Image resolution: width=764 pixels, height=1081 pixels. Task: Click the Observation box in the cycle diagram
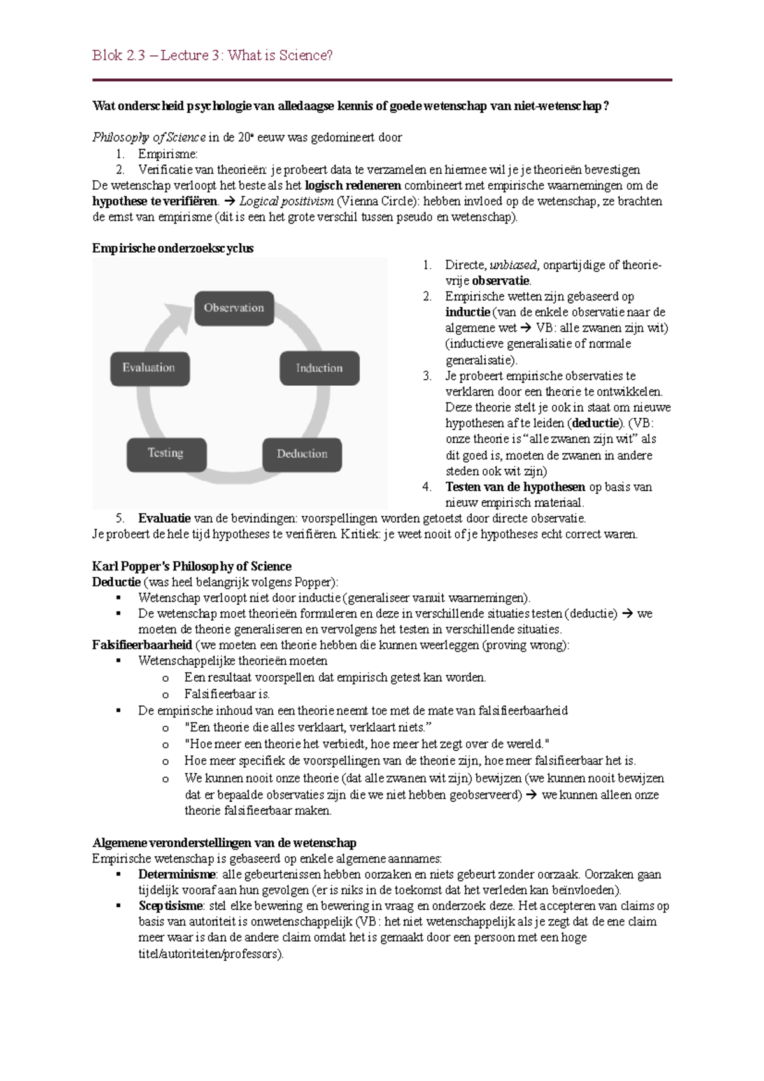point(234,308)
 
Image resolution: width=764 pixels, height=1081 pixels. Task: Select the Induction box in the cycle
point(319,368)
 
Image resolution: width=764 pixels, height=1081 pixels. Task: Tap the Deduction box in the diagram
point(302,454)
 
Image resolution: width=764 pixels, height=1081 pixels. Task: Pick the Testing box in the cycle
point(166,453)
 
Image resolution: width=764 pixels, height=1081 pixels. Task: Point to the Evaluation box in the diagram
point(150,368)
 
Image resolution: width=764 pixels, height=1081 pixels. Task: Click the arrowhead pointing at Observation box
point(180,316)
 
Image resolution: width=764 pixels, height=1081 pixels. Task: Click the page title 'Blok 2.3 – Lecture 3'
point(212,55)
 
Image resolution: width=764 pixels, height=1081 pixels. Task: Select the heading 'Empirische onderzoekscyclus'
point(173,248)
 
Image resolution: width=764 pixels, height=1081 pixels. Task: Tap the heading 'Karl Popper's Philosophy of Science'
point(192,566)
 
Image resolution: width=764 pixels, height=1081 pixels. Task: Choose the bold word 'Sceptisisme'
point(171,905)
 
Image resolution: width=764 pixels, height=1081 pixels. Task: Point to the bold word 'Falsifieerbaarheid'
point(142,645)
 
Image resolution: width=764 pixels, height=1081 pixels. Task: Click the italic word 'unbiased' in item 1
point(513,265)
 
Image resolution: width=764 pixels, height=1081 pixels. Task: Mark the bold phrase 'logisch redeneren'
point(353,185)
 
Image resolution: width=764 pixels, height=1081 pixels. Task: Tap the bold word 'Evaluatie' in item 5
point(164,518)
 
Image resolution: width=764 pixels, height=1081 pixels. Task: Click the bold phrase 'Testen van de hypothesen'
point(515,487)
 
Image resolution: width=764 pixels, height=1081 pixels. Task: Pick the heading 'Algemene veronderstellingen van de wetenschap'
point(224,843)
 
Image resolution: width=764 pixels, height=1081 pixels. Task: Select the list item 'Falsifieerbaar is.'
point(227,694)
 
